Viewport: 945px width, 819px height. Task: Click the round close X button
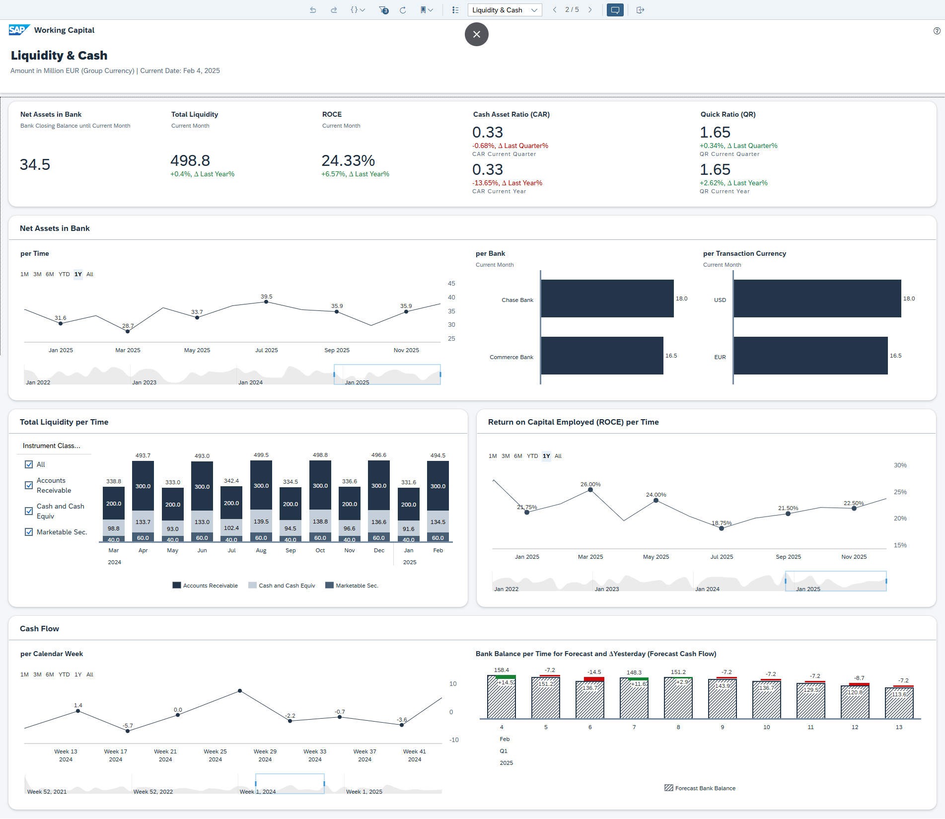pos(476,34)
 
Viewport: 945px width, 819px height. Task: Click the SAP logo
pos(19,30)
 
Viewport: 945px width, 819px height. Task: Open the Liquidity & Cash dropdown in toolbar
pos(505,10)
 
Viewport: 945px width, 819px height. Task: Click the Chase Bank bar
pos(607,298)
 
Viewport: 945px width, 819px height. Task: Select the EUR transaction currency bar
pos(810,356)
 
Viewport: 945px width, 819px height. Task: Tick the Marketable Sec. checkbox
pos(29,532)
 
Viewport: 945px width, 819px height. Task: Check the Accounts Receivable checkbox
pos(29,485)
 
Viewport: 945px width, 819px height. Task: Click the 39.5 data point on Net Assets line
pos(266,302)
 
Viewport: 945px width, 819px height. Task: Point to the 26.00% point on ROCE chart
pos(590,490)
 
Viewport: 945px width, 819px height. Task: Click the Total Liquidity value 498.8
pos(190,161)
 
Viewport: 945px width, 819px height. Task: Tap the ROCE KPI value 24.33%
pos(348,161)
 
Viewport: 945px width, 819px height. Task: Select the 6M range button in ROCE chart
pos(518,456)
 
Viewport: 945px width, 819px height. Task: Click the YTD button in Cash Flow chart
pos(64,674)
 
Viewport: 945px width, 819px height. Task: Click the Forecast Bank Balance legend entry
pos(700,788)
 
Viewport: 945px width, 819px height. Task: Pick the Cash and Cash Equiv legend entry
pos(282,586)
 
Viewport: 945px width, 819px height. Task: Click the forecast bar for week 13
pos(899,703)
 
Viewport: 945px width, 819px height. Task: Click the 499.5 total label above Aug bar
pos(261,455)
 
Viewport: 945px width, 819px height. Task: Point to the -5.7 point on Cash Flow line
pos(128,731)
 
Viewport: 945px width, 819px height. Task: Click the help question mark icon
pos(937,31)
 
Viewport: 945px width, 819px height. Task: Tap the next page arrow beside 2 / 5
pos(590,10)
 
